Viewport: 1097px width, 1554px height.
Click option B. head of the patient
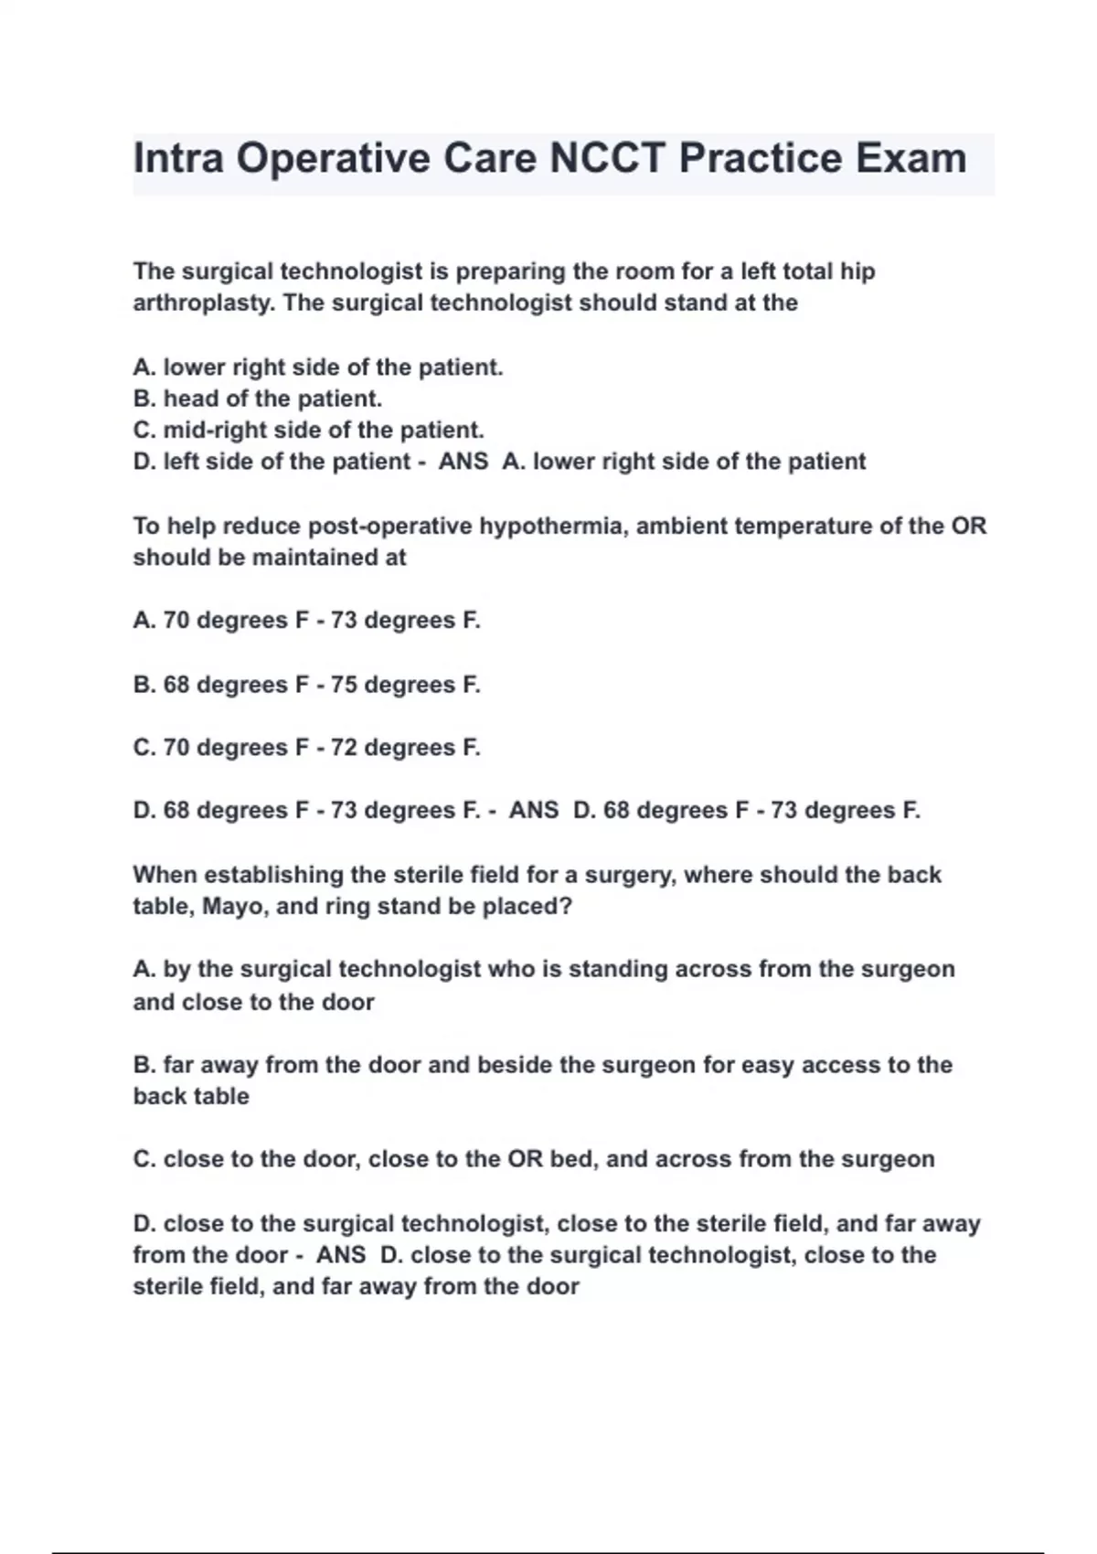[258, 399]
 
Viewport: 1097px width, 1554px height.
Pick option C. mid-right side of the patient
[308, 430]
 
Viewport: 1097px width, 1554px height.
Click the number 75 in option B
[345, 685]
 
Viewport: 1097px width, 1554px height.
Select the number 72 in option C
[345, 748]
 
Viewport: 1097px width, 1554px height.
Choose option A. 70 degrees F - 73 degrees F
[306, 621]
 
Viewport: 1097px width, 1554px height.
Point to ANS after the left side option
[463, 462]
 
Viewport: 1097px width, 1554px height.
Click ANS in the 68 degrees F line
[534, 811]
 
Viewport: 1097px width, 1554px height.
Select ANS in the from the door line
[341, 1255]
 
